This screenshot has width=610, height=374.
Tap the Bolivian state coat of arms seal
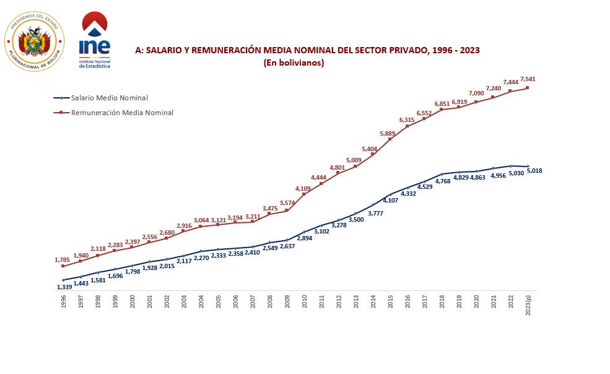34,41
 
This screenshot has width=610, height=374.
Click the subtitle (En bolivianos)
294,63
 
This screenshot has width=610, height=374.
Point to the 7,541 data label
528,79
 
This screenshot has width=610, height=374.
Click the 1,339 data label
64,287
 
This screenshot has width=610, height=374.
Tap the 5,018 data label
534,170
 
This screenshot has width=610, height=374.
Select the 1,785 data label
63,260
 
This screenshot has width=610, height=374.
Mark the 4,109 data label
303,188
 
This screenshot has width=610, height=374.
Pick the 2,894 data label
304,238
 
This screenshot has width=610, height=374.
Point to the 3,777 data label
375,214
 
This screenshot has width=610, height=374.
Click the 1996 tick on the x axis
63,301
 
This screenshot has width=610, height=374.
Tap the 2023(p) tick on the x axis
528,304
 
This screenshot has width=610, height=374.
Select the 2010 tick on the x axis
304,301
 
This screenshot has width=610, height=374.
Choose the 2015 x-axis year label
390,301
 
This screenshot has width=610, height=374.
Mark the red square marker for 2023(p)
528,87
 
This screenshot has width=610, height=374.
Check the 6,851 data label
442,103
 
